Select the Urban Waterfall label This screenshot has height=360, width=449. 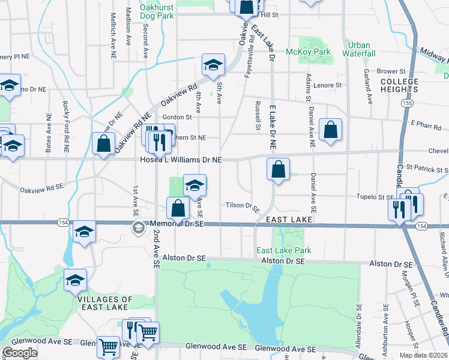pos(359,49)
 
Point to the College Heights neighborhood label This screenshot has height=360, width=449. pos(399,85)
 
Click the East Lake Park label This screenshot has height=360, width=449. pos(283,250)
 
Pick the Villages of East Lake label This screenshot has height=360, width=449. pos(106,303)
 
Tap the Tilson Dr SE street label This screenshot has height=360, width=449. pos(243,205)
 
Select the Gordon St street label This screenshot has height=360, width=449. pos(176,117)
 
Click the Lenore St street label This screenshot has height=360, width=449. pos(329,85)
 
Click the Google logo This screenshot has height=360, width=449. pos(20,353)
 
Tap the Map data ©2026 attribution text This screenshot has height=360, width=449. pos(424,355)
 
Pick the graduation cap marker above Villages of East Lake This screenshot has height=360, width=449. pos(76,280)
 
